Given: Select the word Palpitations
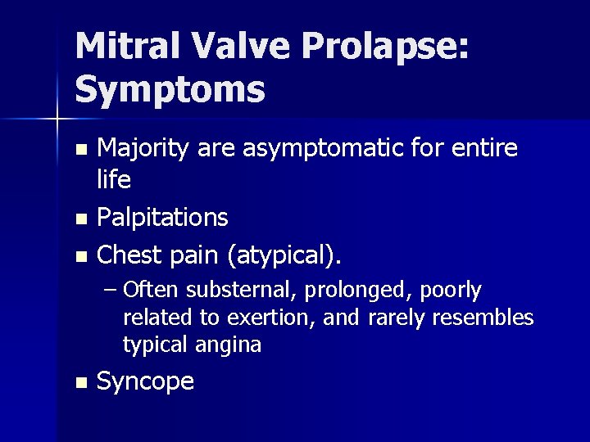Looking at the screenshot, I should tap(162, 218).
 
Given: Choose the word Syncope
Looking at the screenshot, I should tap(145, 381).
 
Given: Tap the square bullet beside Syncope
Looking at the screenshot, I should tap(79, 382).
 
